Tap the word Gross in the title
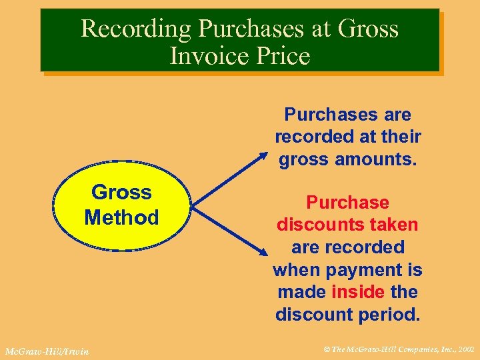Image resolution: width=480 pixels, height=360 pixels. [369, 29]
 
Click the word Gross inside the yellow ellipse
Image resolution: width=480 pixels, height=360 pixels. [121, 193]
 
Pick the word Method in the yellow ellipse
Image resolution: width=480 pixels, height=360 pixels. [121, 217]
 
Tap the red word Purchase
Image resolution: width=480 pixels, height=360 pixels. [347, 202]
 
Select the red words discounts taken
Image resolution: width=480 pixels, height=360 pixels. [347, 225]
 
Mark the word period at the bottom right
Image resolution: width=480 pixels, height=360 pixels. [391, 314]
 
